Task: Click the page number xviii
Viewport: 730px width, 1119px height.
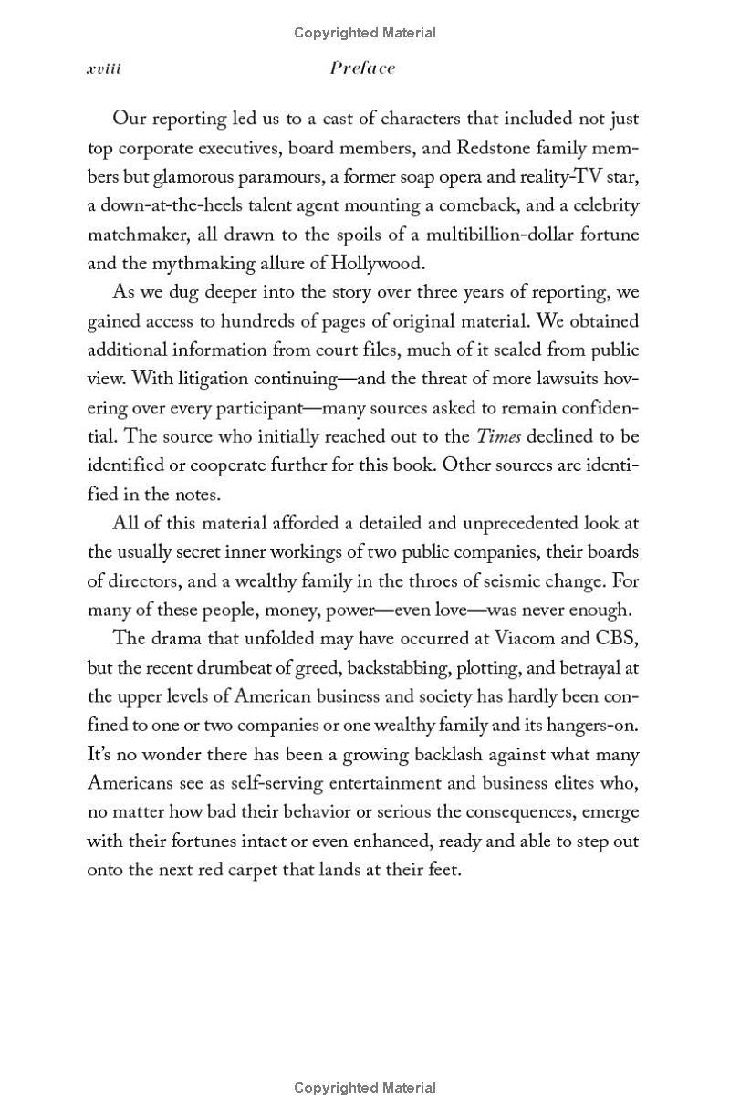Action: (x=104, y=68)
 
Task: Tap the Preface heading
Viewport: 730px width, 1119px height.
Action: (x=363, y=68)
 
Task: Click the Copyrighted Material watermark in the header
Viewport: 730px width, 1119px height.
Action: (x=365, y=33)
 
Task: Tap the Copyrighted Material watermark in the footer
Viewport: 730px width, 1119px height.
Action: (x=365, y=1087)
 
